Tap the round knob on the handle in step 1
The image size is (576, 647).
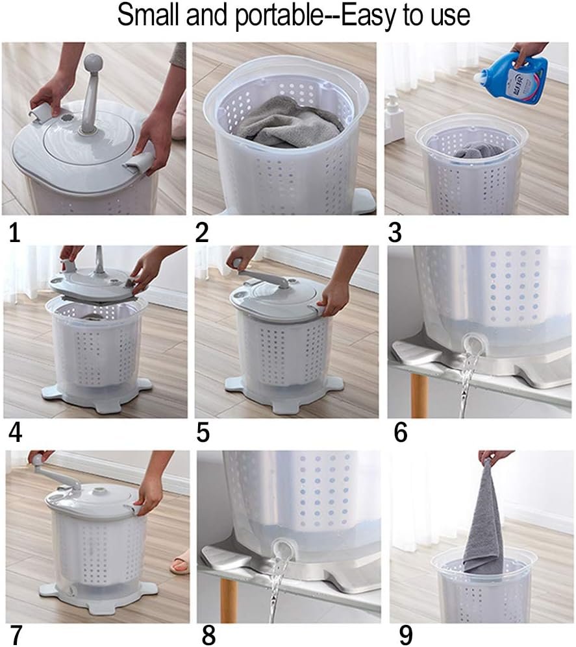(x=91, y=63)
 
